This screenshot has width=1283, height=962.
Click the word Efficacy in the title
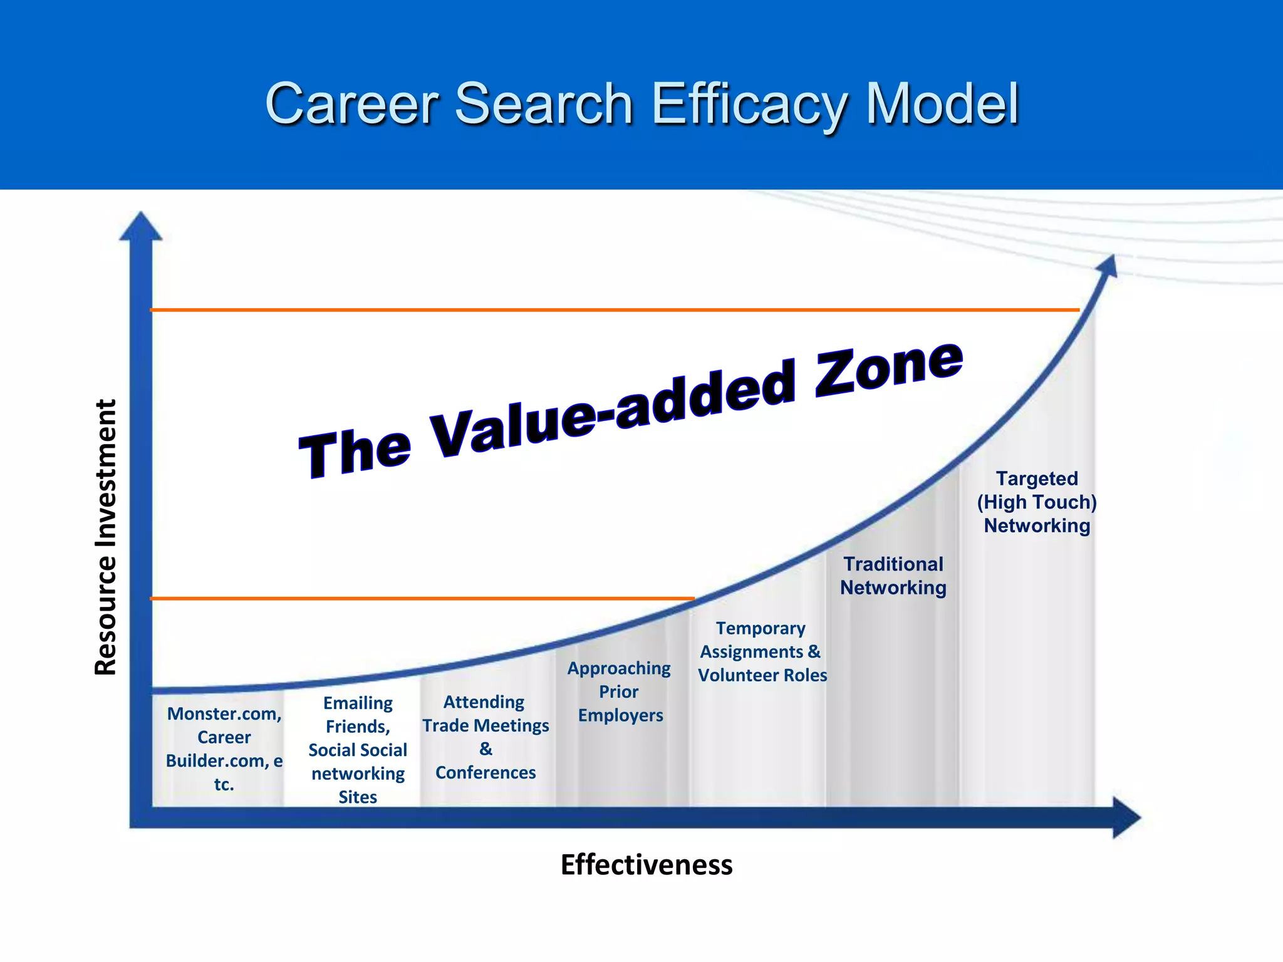pos(748,105)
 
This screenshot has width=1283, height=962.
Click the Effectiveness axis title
pos(646,865)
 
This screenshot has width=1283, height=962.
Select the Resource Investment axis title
pos(106,537)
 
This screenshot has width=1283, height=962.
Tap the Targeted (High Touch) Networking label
pos(1037,502)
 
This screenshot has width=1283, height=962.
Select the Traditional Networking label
pos(893,576)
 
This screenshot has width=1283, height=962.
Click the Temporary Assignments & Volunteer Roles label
pos(762,651)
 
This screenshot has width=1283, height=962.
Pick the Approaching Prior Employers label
pos(619,691)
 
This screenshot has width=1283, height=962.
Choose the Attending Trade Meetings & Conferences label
pos(486,737)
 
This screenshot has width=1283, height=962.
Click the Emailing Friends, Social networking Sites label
pos(358,750)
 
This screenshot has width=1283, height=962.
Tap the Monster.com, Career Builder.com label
pos(224,748)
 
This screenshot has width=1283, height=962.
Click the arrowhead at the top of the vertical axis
pos(141,227)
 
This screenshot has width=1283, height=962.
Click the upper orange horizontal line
pos(614,310)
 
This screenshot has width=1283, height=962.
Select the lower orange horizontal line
pos(423,599)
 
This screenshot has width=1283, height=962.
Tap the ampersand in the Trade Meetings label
pos(486,749)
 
